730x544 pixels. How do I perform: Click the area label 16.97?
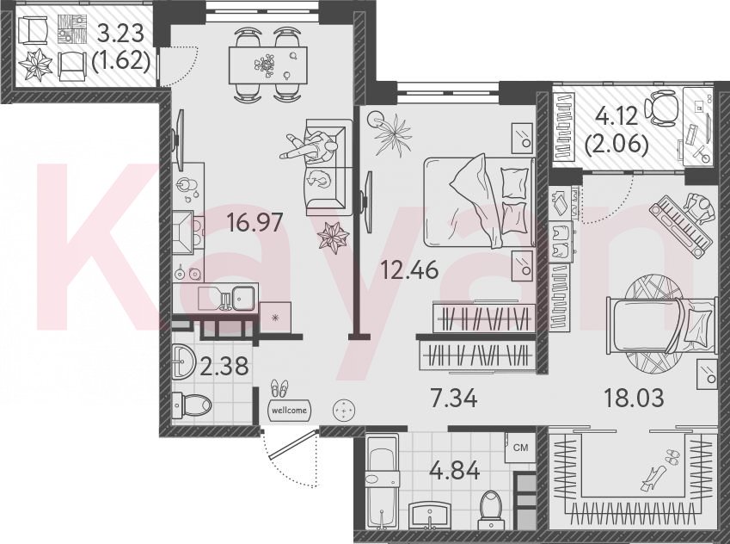(x=255, y=222)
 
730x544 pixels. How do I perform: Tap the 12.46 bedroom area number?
(x=409, y=269)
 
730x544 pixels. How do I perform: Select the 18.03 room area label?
(x=634, y=398)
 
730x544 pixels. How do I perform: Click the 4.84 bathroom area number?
(x=455, y=471)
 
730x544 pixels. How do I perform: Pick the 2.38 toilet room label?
(x=224, y=367)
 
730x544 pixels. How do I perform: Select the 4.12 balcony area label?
(x=617, y=115)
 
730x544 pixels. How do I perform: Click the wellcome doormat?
(x=290, y=411)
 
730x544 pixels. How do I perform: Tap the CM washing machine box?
(x=521, y=448)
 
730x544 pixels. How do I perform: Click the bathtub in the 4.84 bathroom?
(x=383, y=481)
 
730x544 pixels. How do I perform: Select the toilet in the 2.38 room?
(x=192, y=405)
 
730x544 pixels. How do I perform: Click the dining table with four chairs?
(x=268, y=65)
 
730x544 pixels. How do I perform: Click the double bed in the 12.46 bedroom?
(x=480, y=201)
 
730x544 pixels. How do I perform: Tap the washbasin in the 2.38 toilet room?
(x=183, y=362)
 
